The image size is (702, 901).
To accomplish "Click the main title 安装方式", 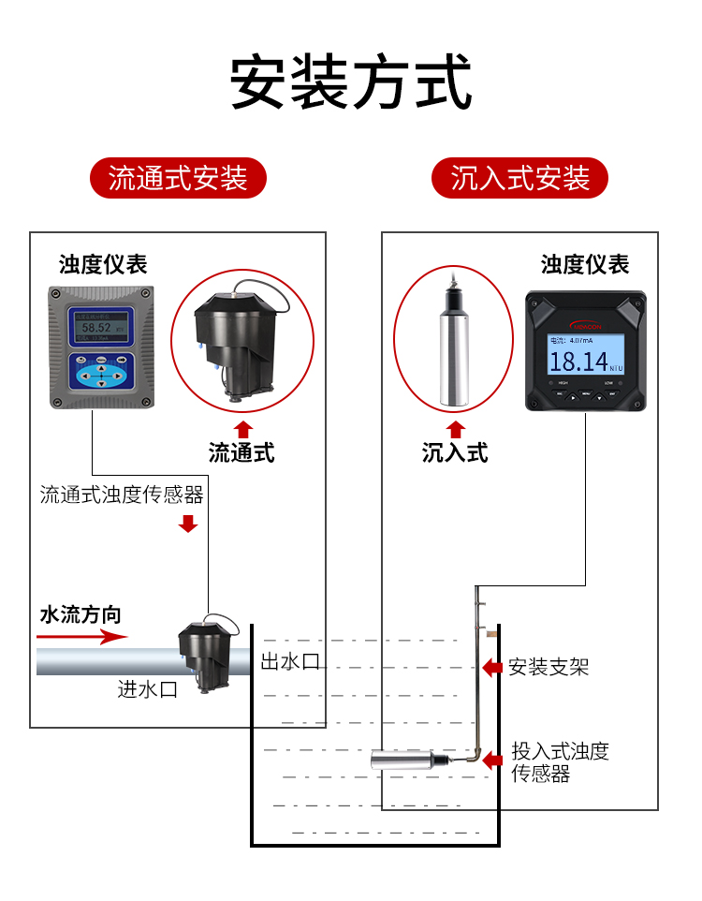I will click(351, 82).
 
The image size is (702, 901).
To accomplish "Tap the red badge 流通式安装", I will click(178, 178).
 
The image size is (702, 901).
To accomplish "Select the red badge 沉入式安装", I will click(520, 178).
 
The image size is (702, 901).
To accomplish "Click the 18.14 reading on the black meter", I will click(572, 361).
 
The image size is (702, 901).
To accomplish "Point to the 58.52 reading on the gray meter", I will click(96, 328).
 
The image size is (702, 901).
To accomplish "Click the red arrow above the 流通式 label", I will click(242, 430).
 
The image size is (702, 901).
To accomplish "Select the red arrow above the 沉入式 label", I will click(456, 430).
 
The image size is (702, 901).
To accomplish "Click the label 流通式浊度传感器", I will click(122, 494).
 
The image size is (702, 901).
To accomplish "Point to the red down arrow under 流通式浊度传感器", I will click(188, 523).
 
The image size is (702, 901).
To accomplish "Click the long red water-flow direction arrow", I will click(82, 637).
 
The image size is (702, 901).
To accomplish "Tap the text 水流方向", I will click(80, 614).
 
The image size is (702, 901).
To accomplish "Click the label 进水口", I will click(148, 689).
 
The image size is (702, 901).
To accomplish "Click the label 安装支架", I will click(548, 667).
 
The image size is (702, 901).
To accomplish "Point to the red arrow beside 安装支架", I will click(491, 667).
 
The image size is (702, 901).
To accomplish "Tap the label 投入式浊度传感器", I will click(560, 762).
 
